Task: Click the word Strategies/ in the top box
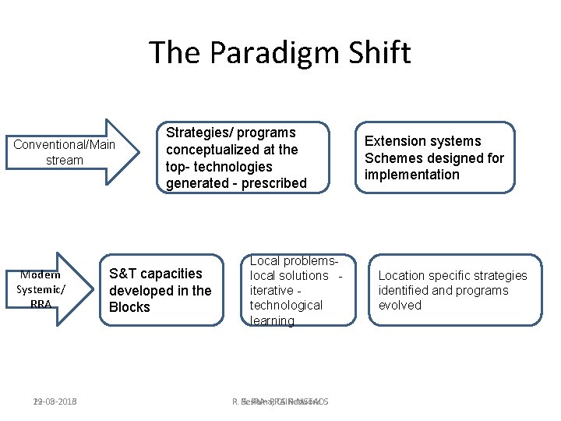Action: point(199,133)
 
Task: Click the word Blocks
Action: point(129,307)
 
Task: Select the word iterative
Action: point(271,290)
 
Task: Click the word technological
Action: point(286,305)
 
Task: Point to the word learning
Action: point(272,320)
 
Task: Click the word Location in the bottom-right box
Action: point(404,275)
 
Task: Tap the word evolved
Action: point(400,305)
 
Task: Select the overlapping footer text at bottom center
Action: point(280,402)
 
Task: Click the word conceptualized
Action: point(213,150)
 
